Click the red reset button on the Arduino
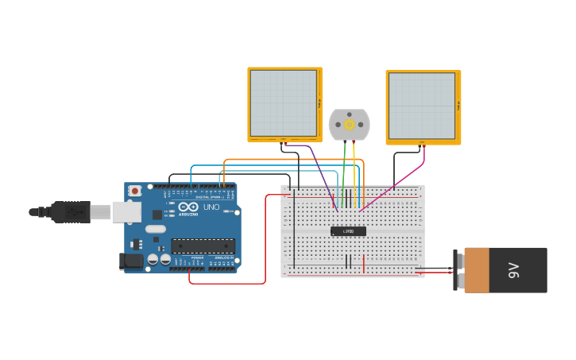[135, 192]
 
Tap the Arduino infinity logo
[187, 207]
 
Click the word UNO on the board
[211, 207]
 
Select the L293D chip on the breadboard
[348, 231]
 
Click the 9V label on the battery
[513, 270]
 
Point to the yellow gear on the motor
[350, 124]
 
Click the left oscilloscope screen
[284, 103]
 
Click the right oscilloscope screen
[422, 106]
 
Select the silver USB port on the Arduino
[126, 211]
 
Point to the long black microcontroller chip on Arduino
[203, 246]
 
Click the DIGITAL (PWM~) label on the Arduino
[209, 196]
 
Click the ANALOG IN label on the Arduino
[222, 258]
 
